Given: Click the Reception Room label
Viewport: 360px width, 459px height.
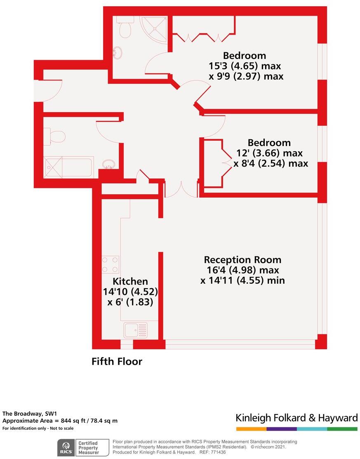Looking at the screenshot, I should point(242,260).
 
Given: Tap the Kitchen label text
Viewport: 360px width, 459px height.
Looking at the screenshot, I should point(130,282).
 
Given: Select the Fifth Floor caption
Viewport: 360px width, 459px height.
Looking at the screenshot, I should point(117,362).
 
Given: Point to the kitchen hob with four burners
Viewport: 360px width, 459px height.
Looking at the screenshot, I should point(111,264).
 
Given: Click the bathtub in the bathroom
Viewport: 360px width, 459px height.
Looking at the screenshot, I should point(69,167).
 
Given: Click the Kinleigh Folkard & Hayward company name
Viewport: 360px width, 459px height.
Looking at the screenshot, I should point(296,418).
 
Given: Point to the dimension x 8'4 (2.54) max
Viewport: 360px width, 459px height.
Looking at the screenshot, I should point(271,163).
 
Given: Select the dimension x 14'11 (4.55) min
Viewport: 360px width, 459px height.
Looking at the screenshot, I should point(242,280).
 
